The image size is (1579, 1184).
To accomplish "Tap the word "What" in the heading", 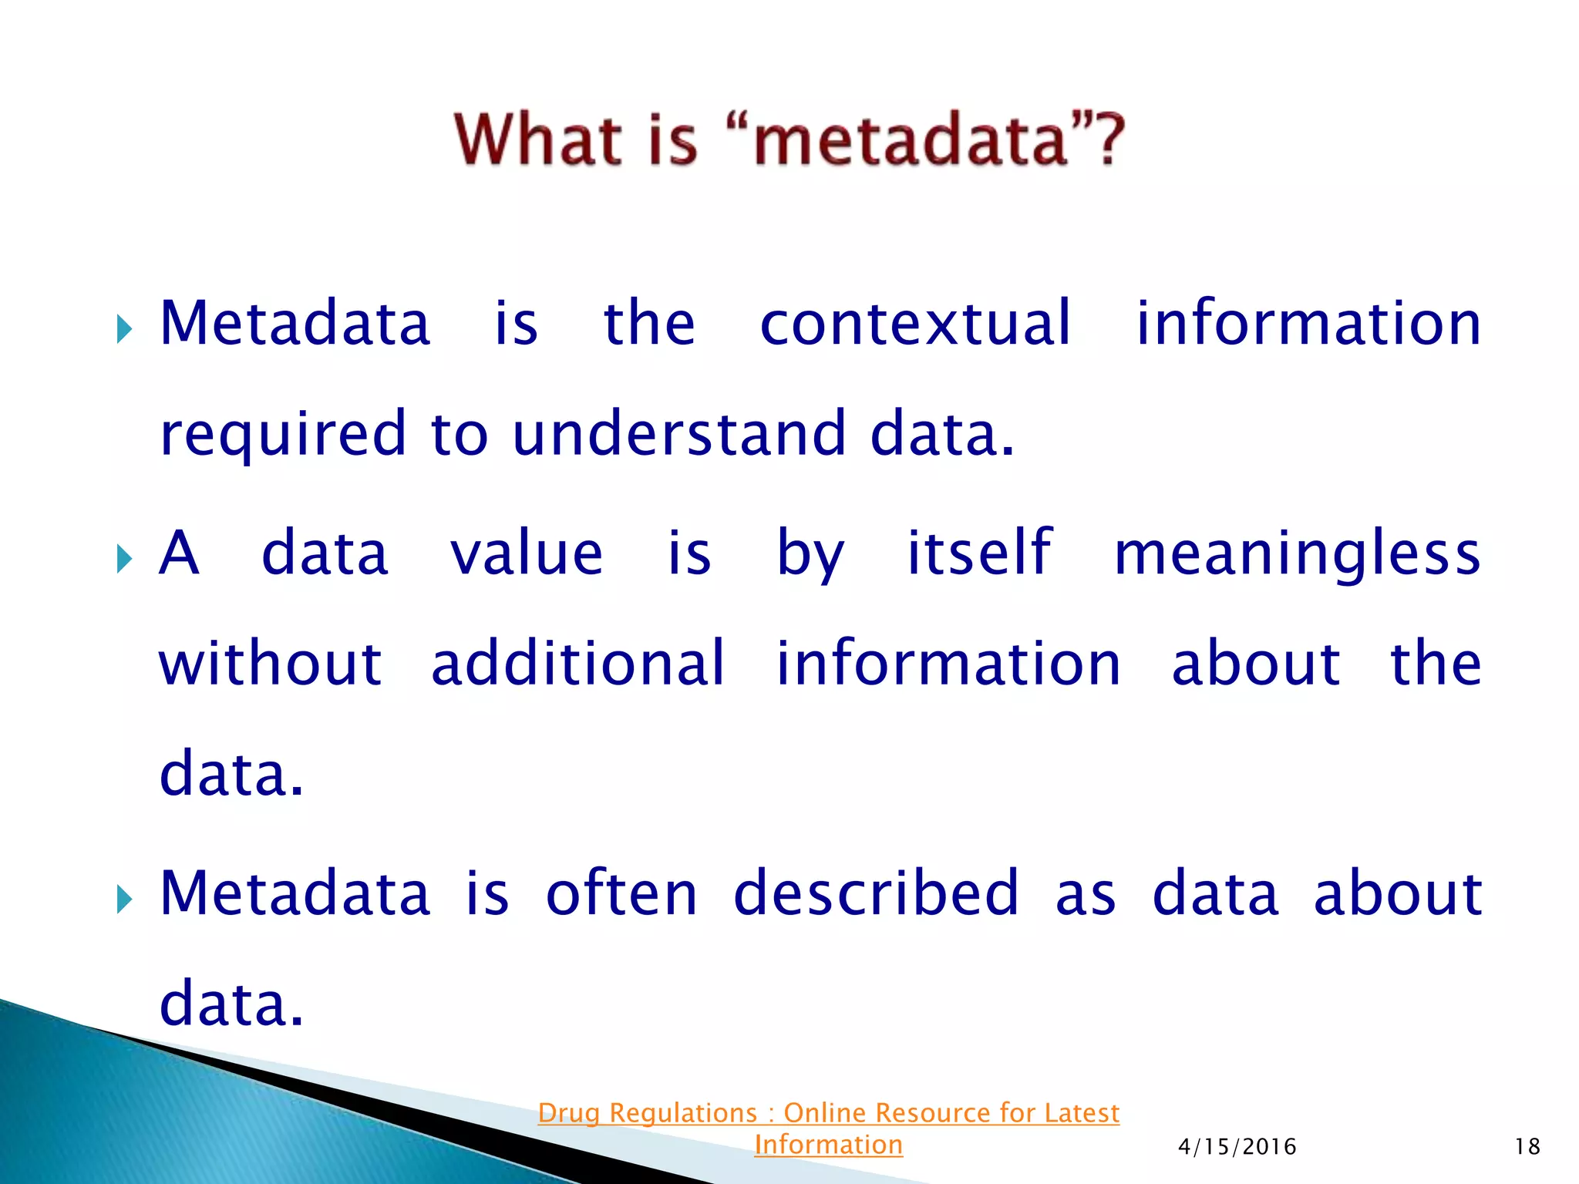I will [537, 140].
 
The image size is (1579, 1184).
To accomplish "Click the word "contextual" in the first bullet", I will [915, 324].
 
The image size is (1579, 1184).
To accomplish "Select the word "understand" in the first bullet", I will [679, 434].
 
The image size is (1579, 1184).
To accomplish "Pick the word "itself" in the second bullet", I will [979, 553].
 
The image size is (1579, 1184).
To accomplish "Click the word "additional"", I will [577, 664].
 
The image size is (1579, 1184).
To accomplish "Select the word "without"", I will [270, 664].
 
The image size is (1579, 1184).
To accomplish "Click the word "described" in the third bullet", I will [876, 893].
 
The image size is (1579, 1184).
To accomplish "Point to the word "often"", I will [621, 893].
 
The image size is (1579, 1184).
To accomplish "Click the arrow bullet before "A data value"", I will [124, 558].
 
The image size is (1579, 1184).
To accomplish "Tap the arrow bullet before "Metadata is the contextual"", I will [124, 329].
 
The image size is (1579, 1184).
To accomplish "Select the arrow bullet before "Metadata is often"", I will [124, 898].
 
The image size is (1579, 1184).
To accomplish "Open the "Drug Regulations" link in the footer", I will [828, 1113].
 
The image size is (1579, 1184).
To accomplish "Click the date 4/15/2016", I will [1237, 1147].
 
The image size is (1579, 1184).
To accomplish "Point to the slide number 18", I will [1527, 1147].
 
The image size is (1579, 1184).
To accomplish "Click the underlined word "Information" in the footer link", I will [828, 1145].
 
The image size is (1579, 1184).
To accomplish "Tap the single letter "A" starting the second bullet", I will [179, 553].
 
